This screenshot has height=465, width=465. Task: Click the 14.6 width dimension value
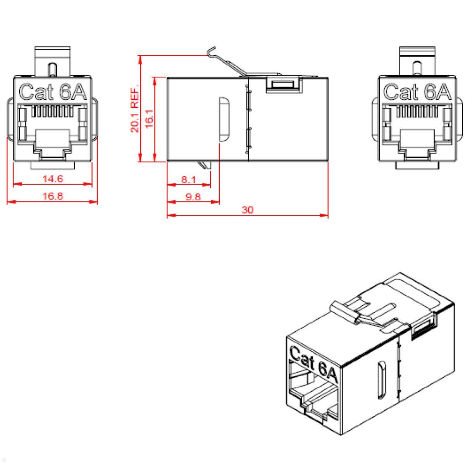point(53,179)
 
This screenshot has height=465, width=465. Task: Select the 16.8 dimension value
point(53,196)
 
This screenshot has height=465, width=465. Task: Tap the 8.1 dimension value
point(189,179)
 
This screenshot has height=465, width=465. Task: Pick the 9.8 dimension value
point(193,196)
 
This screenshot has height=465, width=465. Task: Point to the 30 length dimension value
point(247,210)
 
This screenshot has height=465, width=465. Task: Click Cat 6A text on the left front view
point(53,92)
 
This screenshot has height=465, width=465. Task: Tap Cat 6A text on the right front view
point(418,92)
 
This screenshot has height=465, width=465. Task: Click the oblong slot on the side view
point(224,119)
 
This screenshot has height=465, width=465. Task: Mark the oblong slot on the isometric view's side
point(382,380)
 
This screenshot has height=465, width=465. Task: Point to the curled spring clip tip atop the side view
point(211,51)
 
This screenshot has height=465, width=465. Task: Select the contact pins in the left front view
point(52,112)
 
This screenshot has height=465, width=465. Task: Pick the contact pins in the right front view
point(417,112)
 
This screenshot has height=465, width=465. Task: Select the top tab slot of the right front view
point(417,68)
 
